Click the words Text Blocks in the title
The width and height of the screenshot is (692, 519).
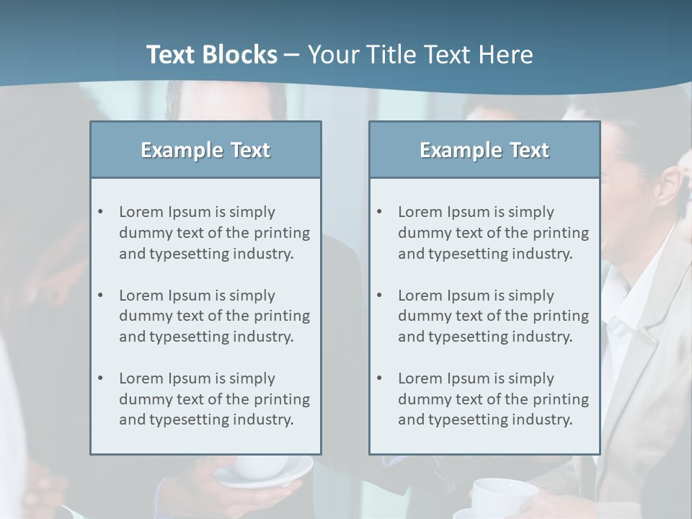coord(211,55)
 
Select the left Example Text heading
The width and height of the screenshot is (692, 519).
coord(205,150)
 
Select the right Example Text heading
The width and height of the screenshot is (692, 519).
coord(484,150)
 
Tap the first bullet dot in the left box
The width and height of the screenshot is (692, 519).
coord(101,212)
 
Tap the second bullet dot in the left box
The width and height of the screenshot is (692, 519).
coord(101,296)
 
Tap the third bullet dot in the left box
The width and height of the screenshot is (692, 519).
coord(101,378)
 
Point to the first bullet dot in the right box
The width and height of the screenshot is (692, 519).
coord(380,212)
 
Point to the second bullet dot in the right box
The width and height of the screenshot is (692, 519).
coord(380,296)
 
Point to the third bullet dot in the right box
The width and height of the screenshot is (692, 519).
coord(380,378)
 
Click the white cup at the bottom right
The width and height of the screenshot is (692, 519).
coord(505,497)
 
